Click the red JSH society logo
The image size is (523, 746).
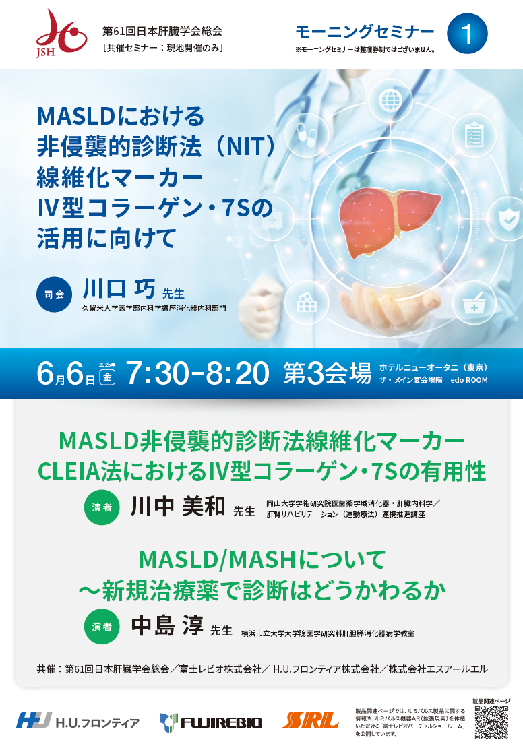[x=61, y=33]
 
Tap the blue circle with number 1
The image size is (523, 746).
[x=467, y=34]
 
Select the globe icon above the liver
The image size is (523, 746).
[x=390, y=100]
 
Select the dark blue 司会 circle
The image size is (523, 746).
[x=54, y=294]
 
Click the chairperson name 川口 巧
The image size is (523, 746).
[x=119, y=289]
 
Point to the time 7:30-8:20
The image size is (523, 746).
[x=197, y=373]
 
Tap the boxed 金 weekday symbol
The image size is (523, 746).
[x=107, y=377]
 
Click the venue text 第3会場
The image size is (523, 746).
[x=328, y=373]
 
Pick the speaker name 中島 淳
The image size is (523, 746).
[x=167, y=625]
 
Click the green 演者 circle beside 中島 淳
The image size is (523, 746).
[x=102, y=627]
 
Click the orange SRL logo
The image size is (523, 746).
[x=310, y=720]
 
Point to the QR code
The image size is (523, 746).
[x=491, y=722]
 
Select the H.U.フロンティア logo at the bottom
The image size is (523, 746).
[x=78, y=721]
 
